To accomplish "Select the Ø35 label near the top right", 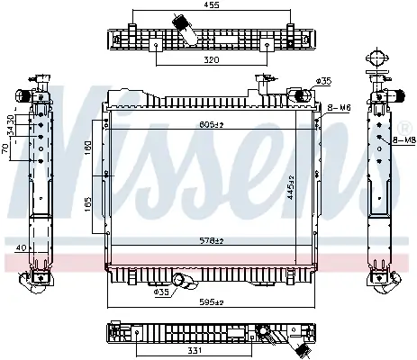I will (x=324, y=81).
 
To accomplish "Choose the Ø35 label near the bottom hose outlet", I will (x=161, y=292).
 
